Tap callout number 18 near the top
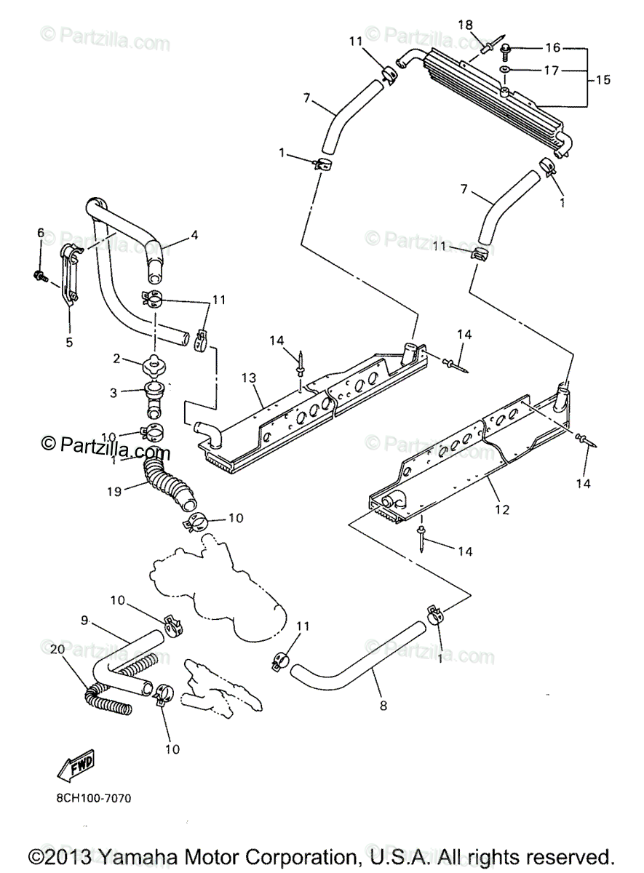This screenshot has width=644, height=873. pyautogui.click(x=465, y=25)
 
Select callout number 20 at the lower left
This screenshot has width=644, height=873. pyautogui.click(x=55, y=648)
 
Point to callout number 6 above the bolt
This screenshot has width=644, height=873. pyautogui.click(x=41, y=233)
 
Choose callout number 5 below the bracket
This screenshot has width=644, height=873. pyautogui.click(x=69, y=341)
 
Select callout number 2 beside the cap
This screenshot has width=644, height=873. pyautogui.click(x=116, y=358)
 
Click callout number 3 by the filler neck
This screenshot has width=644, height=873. pyautogui.click(x=113, y=393)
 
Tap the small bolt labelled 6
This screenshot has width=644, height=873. pyautogui.click(x=38, y=276)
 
